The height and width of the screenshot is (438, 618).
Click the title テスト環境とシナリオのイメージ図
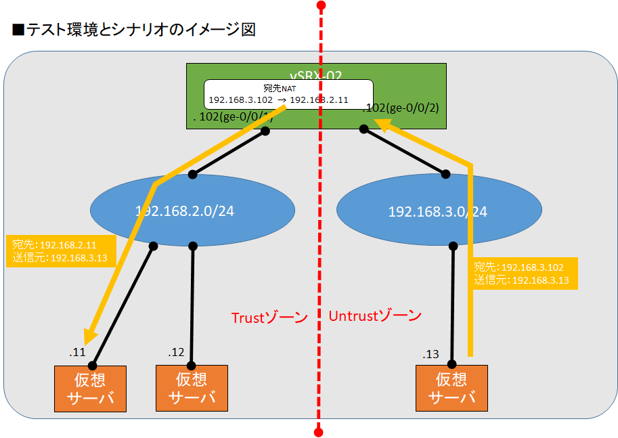pyautogui.click(x=133, y=30)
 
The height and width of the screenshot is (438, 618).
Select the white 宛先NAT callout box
pyautogui.click(x=288, y=93)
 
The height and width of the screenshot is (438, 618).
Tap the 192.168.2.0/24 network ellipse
pyautogui.click(x=192, y=210)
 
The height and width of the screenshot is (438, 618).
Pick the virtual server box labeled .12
pyautogui.click(x=192, y=388)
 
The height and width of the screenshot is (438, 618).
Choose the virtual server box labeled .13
pyautogui.click(x=451, y=388)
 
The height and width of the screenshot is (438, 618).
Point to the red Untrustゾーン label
pyautogui.click(x=375, y=315)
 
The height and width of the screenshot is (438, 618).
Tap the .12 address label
pyautogui.click(x=176, y=352)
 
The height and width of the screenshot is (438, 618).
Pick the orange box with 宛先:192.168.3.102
pyautogui.click(x=525, y=273)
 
